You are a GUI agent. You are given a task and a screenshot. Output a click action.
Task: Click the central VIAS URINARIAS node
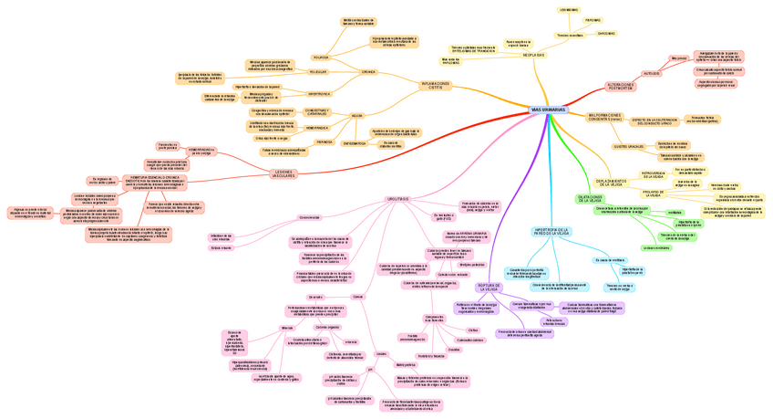click(x=548, y=110)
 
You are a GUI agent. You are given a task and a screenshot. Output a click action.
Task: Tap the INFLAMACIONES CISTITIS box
click(x=436, y=85)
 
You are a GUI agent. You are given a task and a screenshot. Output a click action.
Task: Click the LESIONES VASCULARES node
click(x=283, y=173)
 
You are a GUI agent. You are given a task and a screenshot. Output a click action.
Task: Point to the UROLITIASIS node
click(x=397, y=199)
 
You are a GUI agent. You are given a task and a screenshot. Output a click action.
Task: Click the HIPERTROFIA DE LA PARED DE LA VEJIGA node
click(x=551, y=231)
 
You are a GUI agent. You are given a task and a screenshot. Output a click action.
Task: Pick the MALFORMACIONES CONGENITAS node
click(x=605, y=117)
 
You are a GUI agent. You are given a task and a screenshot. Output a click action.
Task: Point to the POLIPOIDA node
click(x=320, y=57)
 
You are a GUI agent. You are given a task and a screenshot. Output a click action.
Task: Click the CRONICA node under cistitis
click(x=368, y=71)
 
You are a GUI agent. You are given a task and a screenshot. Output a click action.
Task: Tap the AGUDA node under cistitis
click(x=356, y=116)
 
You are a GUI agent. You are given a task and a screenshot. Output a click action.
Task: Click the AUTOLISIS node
click(x=651, y=73)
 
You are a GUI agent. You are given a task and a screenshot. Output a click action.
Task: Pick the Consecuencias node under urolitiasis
click(x=309, y=217)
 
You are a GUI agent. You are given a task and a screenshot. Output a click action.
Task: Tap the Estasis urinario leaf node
click(x=222, y=247)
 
